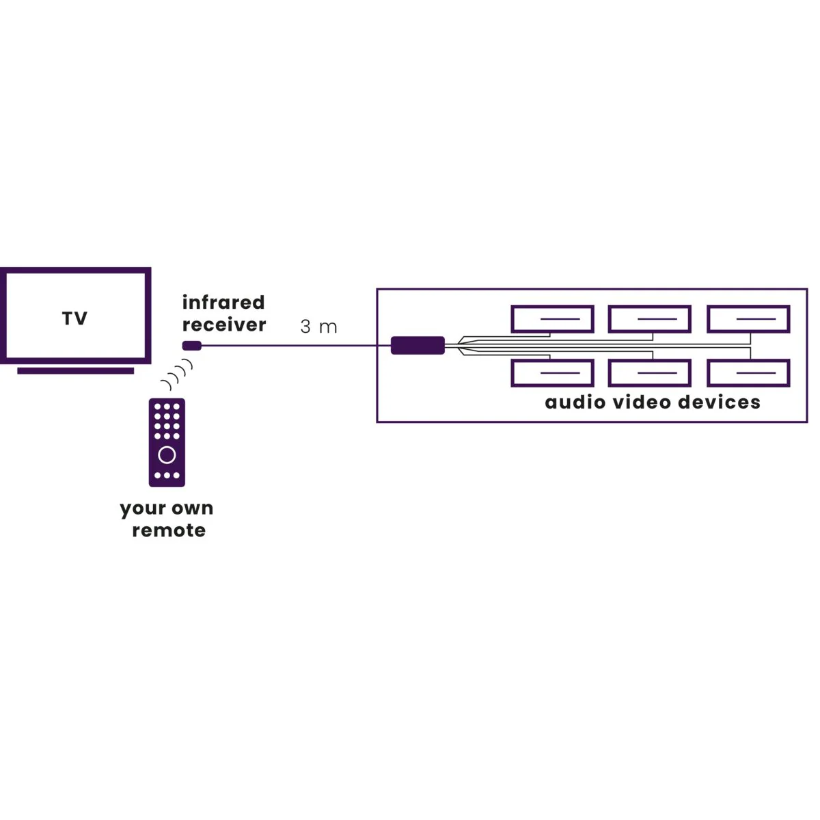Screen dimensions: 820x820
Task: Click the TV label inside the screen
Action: (74, 318)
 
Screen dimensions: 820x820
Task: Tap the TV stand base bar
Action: (75, 370)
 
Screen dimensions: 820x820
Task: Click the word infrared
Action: (223, 302)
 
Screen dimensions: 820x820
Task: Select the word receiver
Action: (224, 325)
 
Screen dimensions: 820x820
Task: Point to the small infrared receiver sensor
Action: (191, 345)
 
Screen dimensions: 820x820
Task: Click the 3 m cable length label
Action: (318, 327)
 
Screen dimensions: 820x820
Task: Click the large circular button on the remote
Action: (167, 454)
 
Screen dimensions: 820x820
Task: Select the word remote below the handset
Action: (169, 530)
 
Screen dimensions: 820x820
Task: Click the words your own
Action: (167, 508)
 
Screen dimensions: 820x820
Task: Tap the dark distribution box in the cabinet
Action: (418, 345)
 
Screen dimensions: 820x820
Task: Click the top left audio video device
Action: (552, 319)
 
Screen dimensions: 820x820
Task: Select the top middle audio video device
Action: (650, 319)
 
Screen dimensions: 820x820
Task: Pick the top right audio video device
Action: (748, 319)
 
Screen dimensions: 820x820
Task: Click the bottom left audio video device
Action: (552, 373)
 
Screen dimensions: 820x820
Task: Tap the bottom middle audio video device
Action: (650, 373)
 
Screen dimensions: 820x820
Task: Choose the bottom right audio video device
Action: (748, 373)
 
